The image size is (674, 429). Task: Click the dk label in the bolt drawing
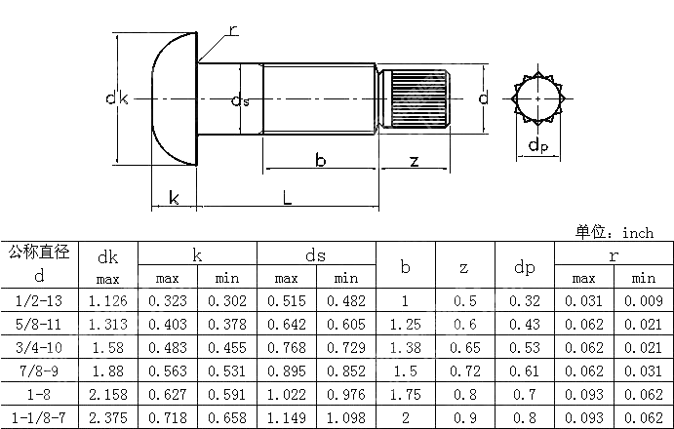pyautogui.click(x=117, y=98)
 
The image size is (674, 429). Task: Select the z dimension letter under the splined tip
pyautogui.click(x=415, y=161)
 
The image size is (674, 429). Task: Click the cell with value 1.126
pyautogui.click(x=108, y=302)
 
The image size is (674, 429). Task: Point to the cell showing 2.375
pyautogui.click(x=108, y=417)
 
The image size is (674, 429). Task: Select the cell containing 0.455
pyautogui.click(x=227, y=348)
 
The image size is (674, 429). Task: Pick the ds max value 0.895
pyautogui.click(x=287, y=371)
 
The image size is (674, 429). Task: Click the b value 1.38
pyautogui.click(x=406, y=348)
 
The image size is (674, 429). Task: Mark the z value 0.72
pyautogui.click(x=464, y=371)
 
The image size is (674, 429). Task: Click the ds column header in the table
pyautogui.click(x=315, y=255)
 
